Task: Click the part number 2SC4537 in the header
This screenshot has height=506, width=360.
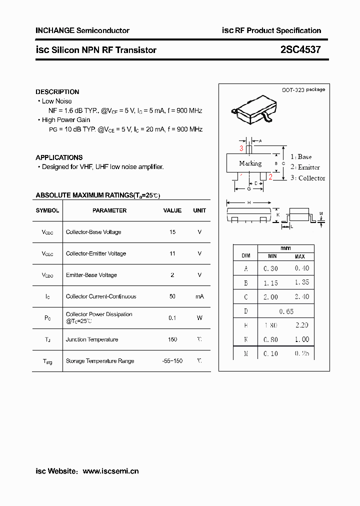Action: click(x=300, y=50)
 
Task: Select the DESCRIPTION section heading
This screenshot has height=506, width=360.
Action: click(x=57, y=92)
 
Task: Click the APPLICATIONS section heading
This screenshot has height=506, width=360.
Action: click(x=59, y=157)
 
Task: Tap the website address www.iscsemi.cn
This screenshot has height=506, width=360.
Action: click(x=110, y=471)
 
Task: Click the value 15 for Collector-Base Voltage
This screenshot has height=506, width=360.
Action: click(x=172, y=232)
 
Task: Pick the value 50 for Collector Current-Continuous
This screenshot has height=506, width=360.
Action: click(x=172, y=296)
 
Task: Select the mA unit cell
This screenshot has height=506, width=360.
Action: click(x=199, y=296)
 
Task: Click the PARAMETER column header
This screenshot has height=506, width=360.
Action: click(x=109, y=210)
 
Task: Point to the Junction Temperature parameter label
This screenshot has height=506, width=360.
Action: click(x=92, y=339)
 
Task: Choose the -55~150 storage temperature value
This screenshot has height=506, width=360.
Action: click(x=172, y=361)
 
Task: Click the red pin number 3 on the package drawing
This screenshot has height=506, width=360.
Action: click(x=241, y=148)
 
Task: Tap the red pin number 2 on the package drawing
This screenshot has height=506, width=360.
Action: click(x=270, y=176)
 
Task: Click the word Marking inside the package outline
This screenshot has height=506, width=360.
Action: click(x=250, y=163)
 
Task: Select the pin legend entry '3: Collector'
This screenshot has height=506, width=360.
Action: click(x=307, y=178)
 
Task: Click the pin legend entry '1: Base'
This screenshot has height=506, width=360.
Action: click(x=301, y=157)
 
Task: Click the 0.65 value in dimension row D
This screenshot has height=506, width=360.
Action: click(x=286, y=311)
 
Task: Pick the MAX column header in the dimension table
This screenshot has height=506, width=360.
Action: click(x=299, y=256)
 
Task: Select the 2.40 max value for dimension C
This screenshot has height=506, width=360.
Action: click(x=301, y=296)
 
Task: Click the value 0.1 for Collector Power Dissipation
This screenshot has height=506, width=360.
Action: click(x=172, y=317)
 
